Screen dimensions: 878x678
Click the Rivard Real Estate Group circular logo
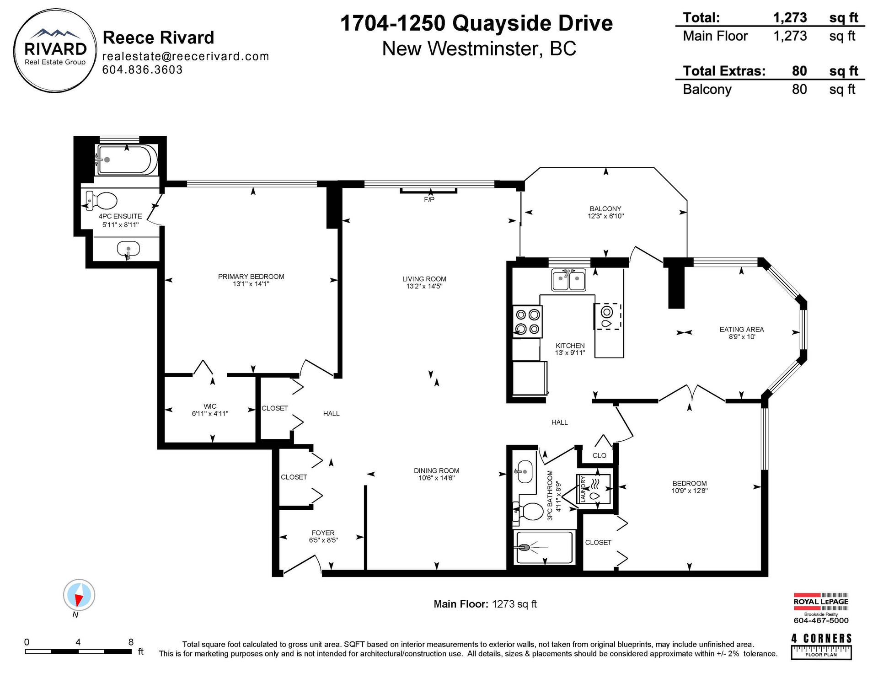(x=55, y=50)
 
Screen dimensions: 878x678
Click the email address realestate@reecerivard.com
(x=186, y=56)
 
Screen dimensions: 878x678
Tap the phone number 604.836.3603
(x=142, y=69)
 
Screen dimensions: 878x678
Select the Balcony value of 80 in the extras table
(x=799, y=89)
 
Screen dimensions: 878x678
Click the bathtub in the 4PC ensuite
(x=127, y=160)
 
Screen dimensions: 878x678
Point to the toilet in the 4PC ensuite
(x=102, y=200)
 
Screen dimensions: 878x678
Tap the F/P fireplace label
(x=429, y=200)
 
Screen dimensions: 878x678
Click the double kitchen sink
(x=569, y=280)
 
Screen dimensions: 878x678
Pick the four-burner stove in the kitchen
(x=527, y=321)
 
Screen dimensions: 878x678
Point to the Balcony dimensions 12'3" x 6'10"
(x=606, y=216)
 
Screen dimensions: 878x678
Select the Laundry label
(x=583, y=490)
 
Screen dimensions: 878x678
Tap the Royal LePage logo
(x=821, y=609)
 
